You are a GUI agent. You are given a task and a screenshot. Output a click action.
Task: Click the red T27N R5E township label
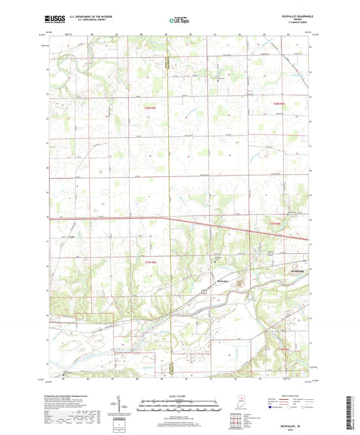[x=150, y=262]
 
